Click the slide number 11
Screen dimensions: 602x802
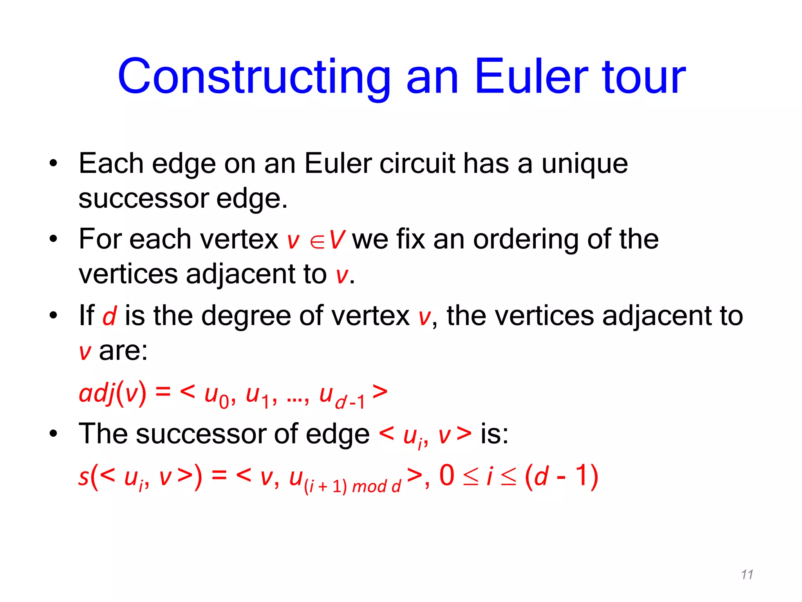pyautogui.click(x=747, y=575)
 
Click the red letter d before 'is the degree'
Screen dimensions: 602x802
pyautogui.click(x=109, y=316)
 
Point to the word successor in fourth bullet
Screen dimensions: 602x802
pyautogui.click(x=200, y=434)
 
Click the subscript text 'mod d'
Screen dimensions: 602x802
pyautogui.click(x=376, y=486)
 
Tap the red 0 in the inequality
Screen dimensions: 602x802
pyautogui.click(x=447, y=476)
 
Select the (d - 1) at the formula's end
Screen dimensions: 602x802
pyautogui.click(x=561, y=476)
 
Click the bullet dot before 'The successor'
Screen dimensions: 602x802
pyautogui.click(x=53, y=434)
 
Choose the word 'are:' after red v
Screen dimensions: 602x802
pyautogui.click(x=123, y=351)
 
